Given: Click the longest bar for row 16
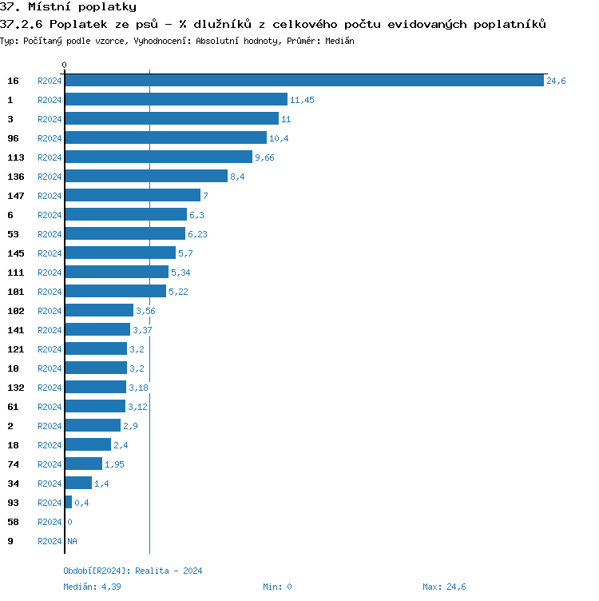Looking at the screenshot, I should [304, 80].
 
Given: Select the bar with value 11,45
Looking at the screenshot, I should [176, 99].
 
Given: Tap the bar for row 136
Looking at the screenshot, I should [146, 176].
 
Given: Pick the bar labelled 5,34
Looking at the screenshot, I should [117, 272].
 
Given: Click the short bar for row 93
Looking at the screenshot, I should [69, 502].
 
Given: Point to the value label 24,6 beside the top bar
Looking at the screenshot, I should [556, 81].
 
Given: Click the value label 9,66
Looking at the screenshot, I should [264, 157].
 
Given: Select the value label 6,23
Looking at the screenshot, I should [197, 234].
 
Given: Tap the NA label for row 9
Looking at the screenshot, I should [72, 541].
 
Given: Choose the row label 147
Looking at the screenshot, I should [16, 196].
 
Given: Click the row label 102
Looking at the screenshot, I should [16, 311].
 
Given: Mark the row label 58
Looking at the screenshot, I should [13, 522].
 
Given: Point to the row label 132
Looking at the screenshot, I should [16, 388].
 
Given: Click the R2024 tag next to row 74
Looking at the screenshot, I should [50, 464].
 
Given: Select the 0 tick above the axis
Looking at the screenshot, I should [65, 65].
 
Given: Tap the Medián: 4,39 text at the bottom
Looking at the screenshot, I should [92, 587].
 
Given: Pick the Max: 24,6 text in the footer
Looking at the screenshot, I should [444, 587].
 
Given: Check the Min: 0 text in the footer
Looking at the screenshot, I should [277, 587].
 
